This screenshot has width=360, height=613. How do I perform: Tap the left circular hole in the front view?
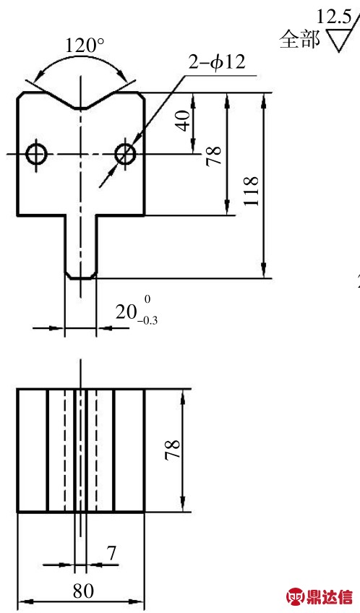pos(36,154)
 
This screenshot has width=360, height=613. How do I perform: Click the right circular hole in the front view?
pos(126,154)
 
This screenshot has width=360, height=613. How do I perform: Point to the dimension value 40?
pos(184,121)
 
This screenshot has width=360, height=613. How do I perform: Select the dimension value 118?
pos(251,191)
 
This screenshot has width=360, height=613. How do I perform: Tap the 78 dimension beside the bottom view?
pos(172,450)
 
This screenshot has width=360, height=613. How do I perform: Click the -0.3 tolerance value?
pos(147,321)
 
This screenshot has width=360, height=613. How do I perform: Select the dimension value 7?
pos(111,553)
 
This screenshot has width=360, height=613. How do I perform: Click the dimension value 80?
pos(83,591)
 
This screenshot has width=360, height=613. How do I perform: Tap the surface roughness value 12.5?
pos(333,17)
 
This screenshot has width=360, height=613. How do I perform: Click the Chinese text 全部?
pos(299,39)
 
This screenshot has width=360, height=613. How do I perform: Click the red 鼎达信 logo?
pos(320,596)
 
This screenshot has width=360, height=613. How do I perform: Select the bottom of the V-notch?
pos(80,108)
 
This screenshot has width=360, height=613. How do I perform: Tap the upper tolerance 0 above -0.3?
pos(147,299)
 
